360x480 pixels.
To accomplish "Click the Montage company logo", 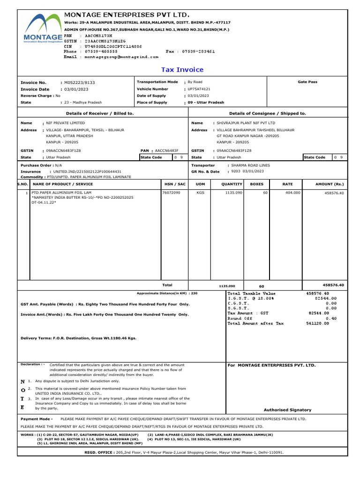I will (x=42, y=29).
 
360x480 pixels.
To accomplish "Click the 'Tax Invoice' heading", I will (x=182, y=70).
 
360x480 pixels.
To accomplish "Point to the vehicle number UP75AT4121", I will (x=199, y=89).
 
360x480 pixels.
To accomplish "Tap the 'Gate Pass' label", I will (x=307, y=82).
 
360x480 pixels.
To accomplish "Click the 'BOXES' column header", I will (x=256, y=184).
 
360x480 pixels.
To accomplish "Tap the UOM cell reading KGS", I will (x=200, y=193).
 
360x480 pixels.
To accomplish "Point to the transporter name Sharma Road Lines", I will (x=246, y=165).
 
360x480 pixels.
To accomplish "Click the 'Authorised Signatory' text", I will (x=287, y=410).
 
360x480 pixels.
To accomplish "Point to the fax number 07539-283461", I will (x=199, y=51).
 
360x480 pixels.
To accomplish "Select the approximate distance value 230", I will (x=195, y=293).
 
